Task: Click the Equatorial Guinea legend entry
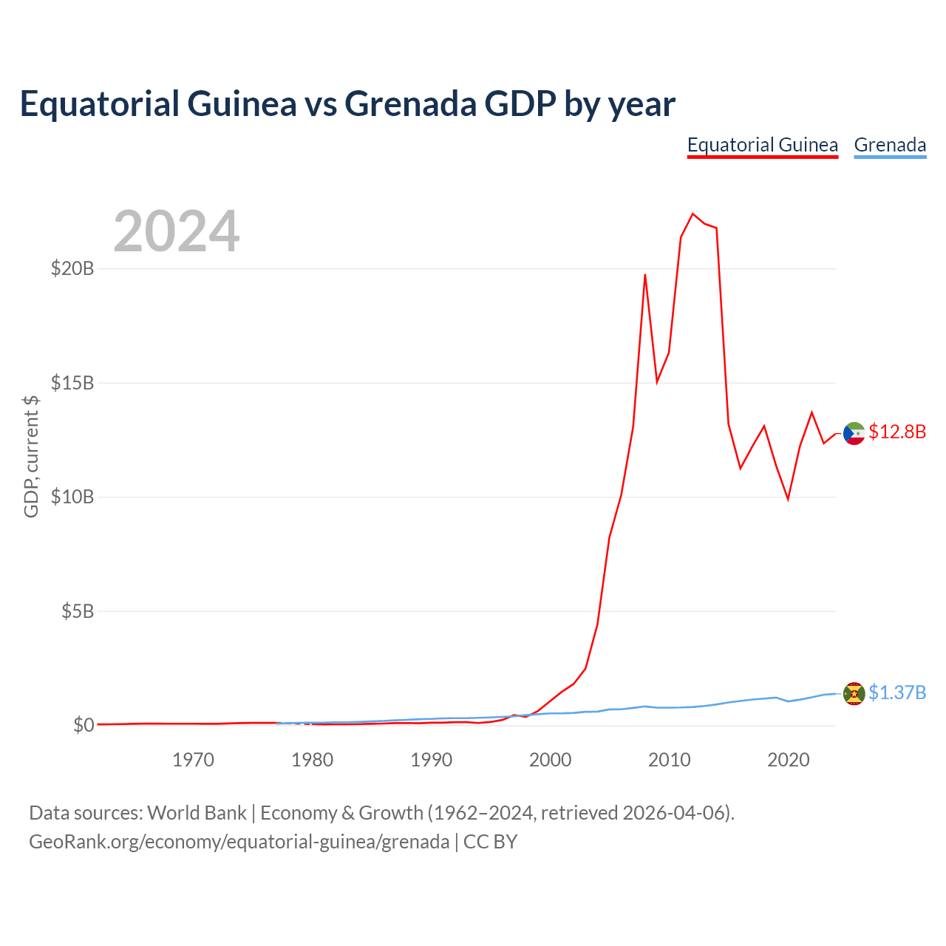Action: (x=762, y=146)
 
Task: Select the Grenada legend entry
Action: (x=890, y=146)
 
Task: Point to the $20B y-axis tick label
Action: (x=72, y=268)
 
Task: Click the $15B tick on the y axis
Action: (x=72, y=383)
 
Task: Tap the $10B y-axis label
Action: (x=72, y=497)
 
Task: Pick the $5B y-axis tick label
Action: (x=78, y=612)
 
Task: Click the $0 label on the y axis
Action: (x=84, y=725)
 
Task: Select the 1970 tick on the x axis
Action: (x=193, y=760)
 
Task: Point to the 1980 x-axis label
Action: (x=312, y=760)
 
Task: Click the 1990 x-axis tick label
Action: (x=431, y=760)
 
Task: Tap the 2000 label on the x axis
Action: (x=551, y=760)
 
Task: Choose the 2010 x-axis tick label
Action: (x=669, y=760)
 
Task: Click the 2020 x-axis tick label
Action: (x=789, y=760)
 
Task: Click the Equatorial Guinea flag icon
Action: (x=854, y=434)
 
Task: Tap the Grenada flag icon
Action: (x=854, y=694)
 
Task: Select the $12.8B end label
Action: (x=897, y=432)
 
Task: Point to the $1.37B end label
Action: (x=897, y=693)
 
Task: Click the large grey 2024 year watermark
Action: (x=177, y=231)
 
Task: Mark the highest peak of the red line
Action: (x=693, y=214)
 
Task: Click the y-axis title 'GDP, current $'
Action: (x=31, y=457)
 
